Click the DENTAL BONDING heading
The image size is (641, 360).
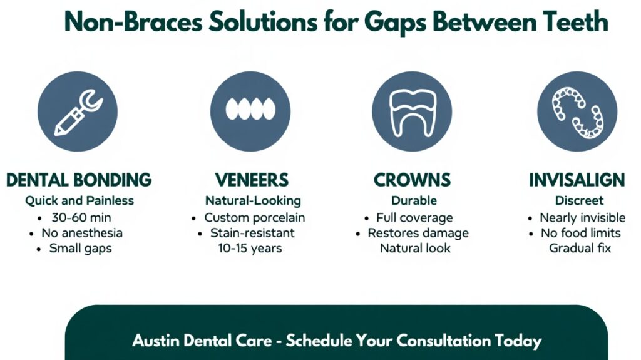coord(79,180)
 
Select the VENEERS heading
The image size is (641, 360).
coord(252,180)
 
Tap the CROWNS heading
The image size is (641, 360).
coord(412,180)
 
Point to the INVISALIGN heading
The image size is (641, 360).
coord(577,180)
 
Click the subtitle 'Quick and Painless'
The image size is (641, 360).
coord(79,201)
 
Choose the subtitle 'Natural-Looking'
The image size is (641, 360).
coord(253,201)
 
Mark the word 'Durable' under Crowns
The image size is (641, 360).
coord(414,200)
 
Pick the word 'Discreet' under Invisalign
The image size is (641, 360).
coord(579,200)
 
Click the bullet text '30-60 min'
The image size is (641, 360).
coord(81,218)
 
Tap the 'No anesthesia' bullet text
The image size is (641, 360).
coord(82,233)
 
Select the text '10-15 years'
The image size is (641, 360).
coord(250,249)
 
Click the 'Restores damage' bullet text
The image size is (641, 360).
coord(418,233)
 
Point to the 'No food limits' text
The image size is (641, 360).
coord(581,233)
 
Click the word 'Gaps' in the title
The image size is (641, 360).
coord(395,23)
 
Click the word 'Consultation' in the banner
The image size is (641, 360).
coord(443,341)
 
